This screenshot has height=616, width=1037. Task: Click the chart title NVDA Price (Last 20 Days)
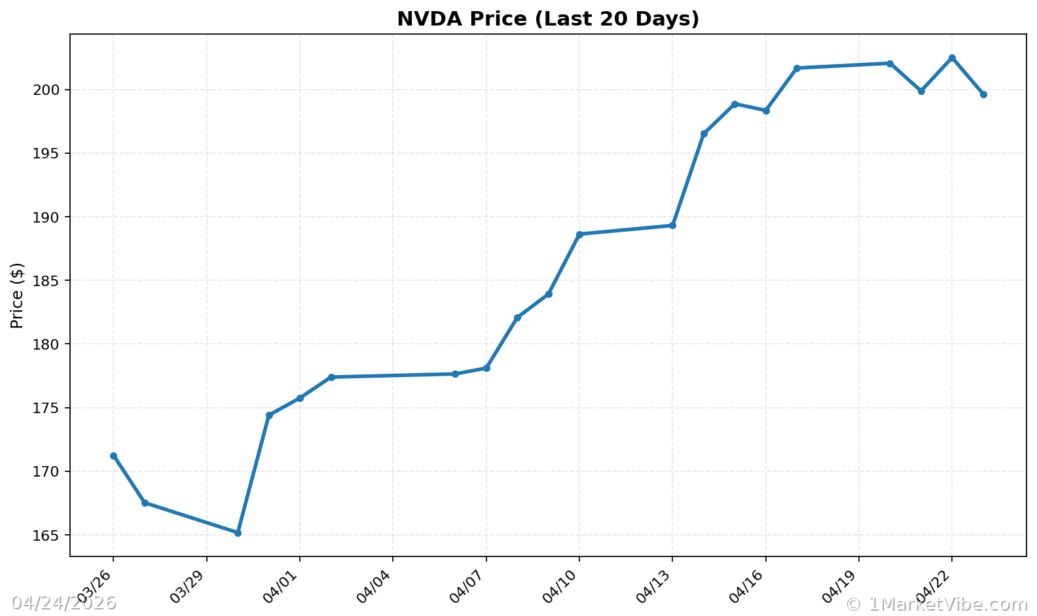click(x=548, y=19)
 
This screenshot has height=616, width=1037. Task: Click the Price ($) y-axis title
click(x=18, y=295)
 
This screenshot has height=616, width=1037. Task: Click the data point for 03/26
click(x=113, y=456)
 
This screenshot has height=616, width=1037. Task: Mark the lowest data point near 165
click(x=238, y=533)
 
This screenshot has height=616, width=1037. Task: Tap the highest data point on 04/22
click(x=952, y=58)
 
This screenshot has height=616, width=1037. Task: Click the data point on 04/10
click(x=579, y=234)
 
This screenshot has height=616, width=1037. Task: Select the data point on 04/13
click(x=672, y=225)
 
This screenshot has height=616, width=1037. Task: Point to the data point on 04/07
click(x=486, y=368)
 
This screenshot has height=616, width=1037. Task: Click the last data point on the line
click(x=983, y=94)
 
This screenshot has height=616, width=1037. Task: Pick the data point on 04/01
click(x=300, y=398)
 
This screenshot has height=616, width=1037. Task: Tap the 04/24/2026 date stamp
click(x=64, y=603)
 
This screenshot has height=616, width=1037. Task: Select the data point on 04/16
click(x=766, y=111)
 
